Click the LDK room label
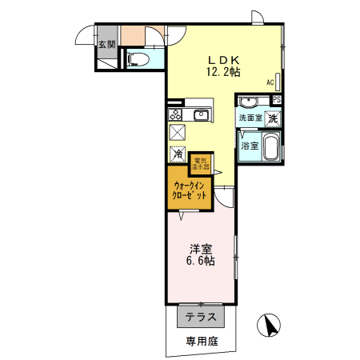click(224, 59)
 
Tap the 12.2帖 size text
click(224, 73)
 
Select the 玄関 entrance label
click(106, 44)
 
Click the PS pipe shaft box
click(277, 100)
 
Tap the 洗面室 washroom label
click(250, 118)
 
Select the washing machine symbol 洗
click(274, 118)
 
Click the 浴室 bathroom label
click(250, 146)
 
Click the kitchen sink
click(200, 116)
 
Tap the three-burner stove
click(176, 114)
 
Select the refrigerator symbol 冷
click(177, 153)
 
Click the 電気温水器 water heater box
click(200, 163)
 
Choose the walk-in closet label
click(189, 190)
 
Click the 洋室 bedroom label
click(200, 249)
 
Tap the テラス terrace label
click(201, 317)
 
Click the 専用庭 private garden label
click(202, 342)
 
